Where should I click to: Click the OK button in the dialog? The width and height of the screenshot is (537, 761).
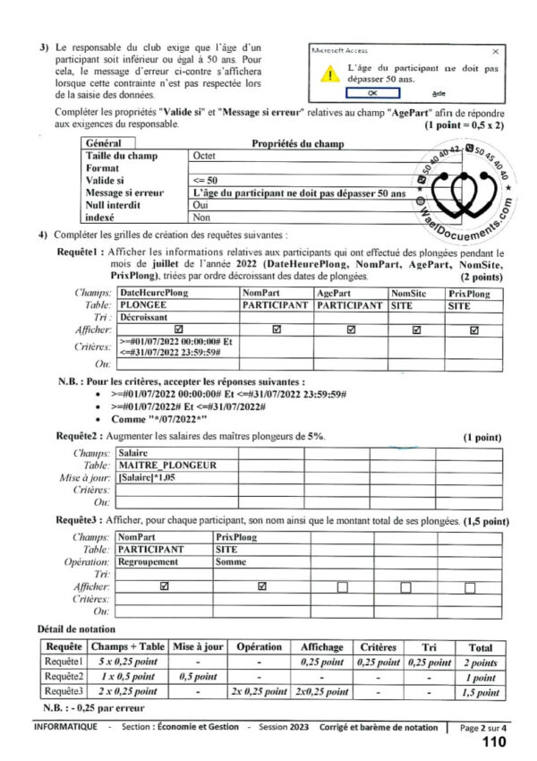[371, 92]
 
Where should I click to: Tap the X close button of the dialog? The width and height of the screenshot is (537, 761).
[496, 52]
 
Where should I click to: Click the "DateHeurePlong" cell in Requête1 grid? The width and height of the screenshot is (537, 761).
[153, 293]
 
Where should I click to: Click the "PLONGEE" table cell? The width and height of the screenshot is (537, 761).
[143, 305]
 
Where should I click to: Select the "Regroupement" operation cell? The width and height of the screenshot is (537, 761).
[153, 561]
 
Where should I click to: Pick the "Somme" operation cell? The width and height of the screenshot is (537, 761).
[231, 561]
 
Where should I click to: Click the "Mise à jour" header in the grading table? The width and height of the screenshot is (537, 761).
[195, 646]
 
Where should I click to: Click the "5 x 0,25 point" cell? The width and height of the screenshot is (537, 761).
[127, 663]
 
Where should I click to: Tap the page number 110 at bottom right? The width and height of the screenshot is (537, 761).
[494, 742]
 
